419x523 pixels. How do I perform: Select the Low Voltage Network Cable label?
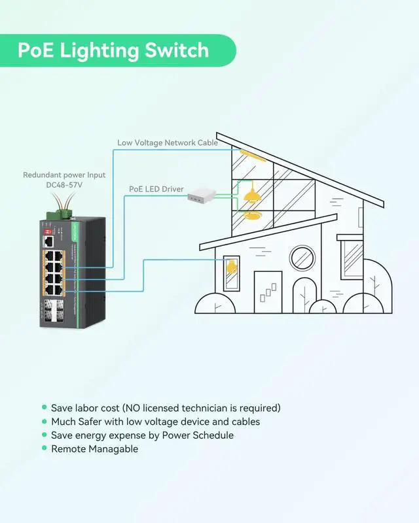tap(168, 143)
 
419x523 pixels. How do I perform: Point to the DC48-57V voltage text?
tap(64, 185)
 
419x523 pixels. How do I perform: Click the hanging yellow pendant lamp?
tap(249, 195)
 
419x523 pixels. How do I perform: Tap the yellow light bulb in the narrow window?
tap(230, 267)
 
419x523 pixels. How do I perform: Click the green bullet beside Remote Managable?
tap(45, 448)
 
